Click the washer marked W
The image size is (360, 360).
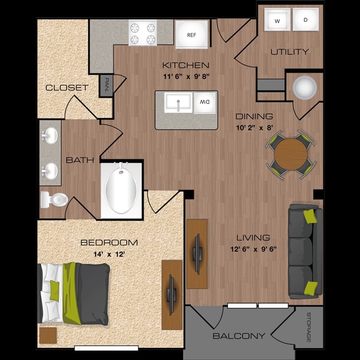click(277, 20)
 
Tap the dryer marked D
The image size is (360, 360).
click(306, 20)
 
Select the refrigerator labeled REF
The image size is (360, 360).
click(192, 35)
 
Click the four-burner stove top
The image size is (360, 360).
click(143, 33)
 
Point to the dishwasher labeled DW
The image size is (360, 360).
click(205, 102)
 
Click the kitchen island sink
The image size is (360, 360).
click(178, 102)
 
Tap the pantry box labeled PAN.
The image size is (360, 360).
click(106, 85)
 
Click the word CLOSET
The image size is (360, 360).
click(67, 87)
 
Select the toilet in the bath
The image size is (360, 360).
click(54, 200)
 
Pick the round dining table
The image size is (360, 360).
click(291, 154)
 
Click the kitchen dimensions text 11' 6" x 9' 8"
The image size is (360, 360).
click(186, 76)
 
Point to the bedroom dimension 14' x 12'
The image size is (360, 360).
click(109, 254)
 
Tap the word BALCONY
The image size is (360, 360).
click(239, 336)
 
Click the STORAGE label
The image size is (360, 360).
click(309, 327)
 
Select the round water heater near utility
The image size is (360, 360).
click(305, 88)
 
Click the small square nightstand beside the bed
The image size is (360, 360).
click(48, 336)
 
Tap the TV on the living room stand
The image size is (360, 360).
click(197, 254)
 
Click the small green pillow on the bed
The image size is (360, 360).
click(54, 291)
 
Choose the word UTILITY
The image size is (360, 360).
click(289, 52)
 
